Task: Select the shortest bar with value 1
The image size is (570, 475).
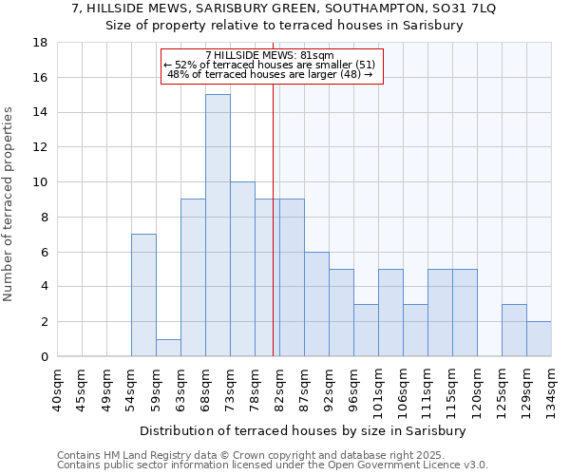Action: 168,348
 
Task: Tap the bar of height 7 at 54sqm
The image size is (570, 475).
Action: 143,294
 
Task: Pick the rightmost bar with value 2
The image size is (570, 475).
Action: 539,339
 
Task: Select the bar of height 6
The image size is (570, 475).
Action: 316,304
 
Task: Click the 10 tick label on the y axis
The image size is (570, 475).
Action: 40,182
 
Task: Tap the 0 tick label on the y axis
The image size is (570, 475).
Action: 44,356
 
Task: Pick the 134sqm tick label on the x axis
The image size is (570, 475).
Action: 553,391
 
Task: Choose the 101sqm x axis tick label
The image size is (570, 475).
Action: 379,391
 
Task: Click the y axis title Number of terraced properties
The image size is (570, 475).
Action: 9,204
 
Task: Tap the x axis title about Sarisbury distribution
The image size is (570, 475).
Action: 303,430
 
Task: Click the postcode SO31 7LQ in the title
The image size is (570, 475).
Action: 468,9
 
